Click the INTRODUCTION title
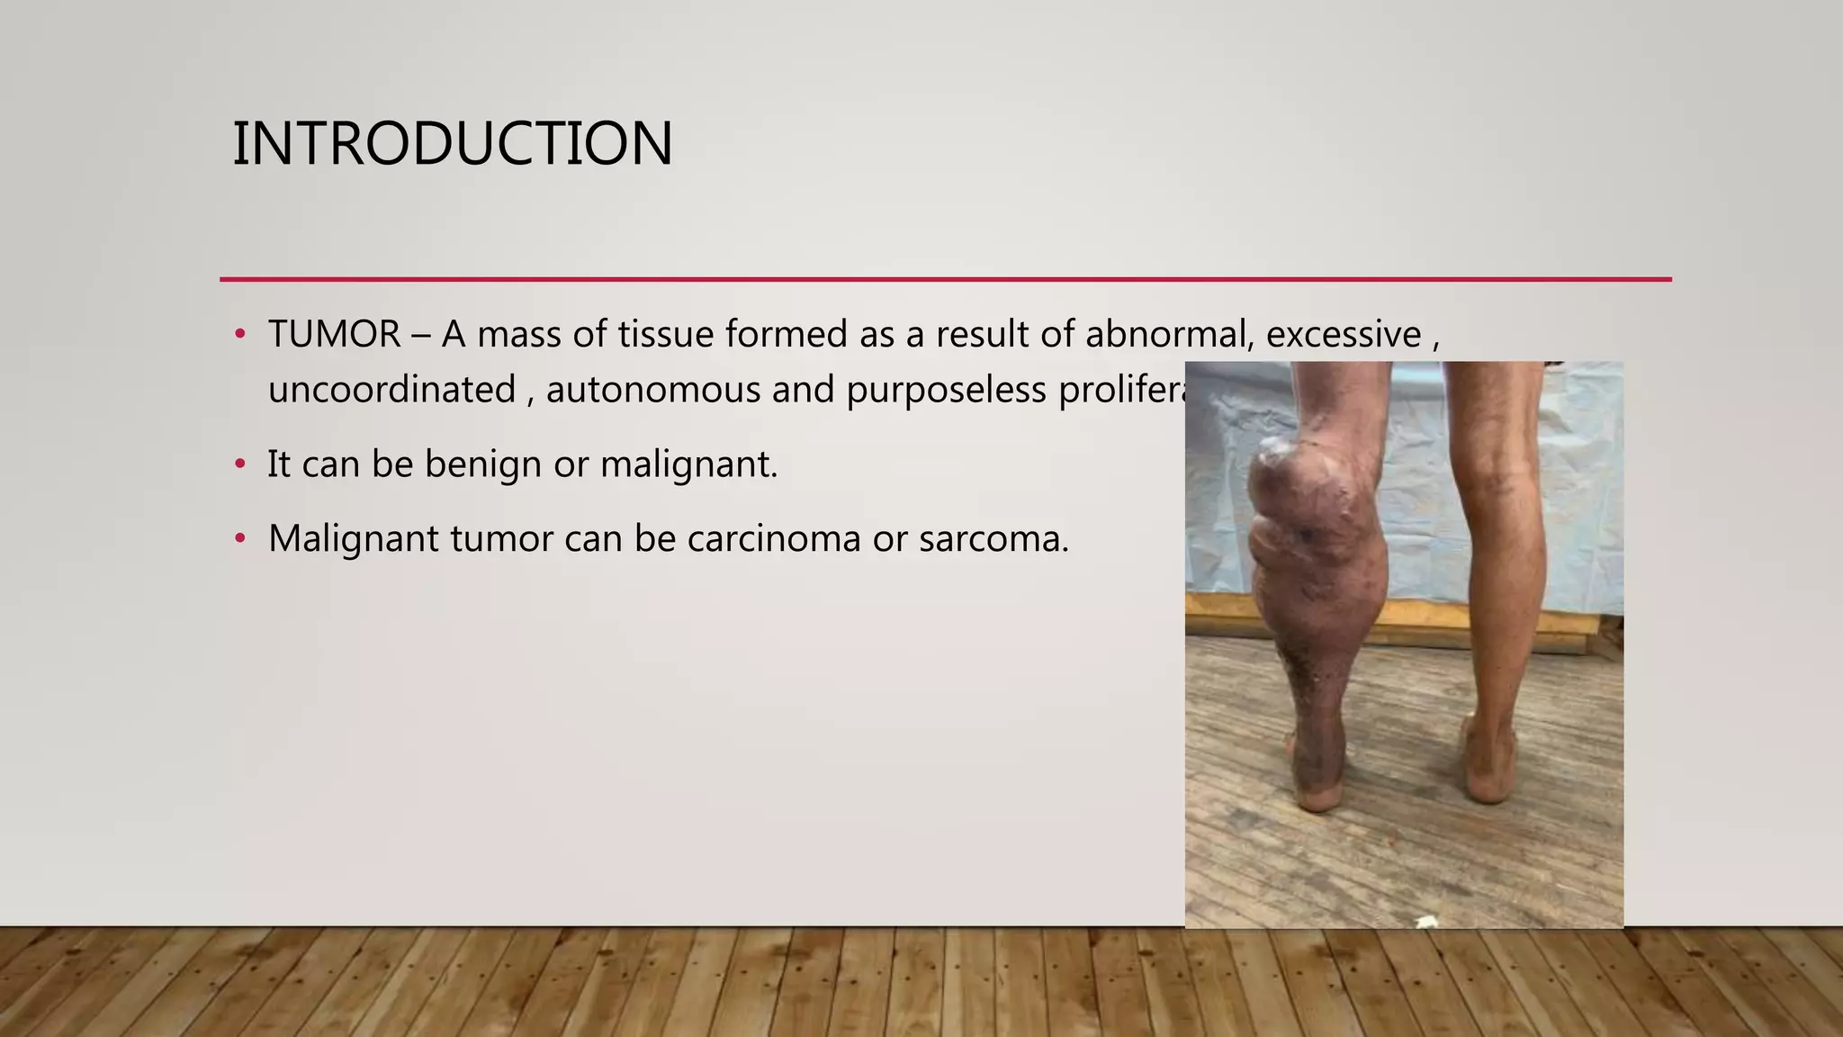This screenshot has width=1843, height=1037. [452, 144]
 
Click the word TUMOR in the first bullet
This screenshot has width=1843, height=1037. [334, 335]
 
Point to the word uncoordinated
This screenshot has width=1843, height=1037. [391, 391]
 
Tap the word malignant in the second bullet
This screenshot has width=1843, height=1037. [688, 465]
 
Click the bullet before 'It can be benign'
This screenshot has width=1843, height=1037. [239, 464]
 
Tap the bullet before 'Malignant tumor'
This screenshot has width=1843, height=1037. [239, 539]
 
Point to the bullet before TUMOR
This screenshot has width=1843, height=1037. [239, 335]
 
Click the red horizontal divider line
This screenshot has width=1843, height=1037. [945, 279]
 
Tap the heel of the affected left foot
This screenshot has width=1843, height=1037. [1319, 792]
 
